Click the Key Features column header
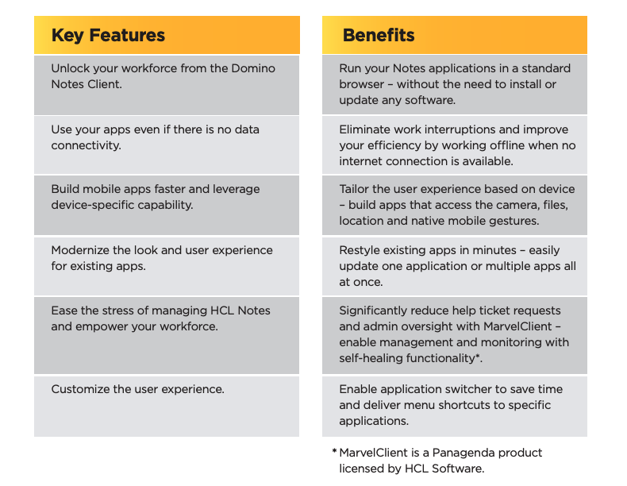pos(108,35)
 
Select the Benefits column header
pos(379,35)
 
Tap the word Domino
pos(253,68)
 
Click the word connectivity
pos(86,145)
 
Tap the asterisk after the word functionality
pos(477,356)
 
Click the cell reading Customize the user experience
pos(167,407)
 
